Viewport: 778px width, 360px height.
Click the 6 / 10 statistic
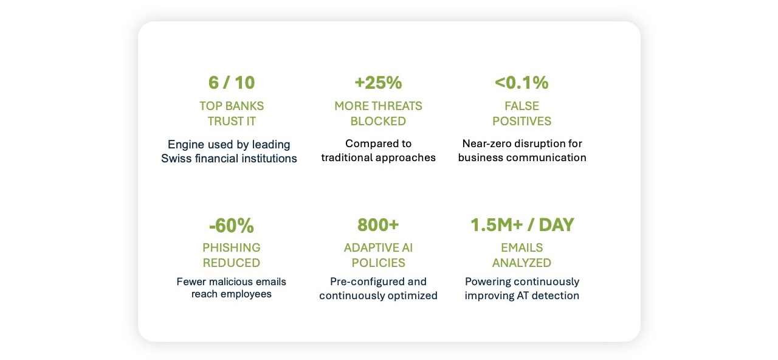coord(232,82)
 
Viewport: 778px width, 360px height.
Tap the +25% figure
coord(378,82)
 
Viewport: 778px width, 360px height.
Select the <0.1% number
coord(522,82)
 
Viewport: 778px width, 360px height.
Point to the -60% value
coord(231,226)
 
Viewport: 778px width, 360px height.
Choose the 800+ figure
coord(378,225)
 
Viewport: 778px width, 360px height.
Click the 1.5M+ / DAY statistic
coord(522,225)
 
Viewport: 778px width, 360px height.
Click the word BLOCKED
coord(378,121)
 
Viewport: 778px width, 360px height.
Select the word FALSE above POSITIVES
coord(522,106)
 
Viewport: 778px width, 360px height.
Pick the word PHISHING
coord(231,247)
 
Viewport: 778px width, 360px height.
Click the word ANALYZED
coord(522,263)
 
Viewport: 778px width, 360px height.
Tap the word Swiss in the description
coord(176,159)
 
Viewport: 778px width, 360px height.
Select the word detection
coord(554,296)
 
